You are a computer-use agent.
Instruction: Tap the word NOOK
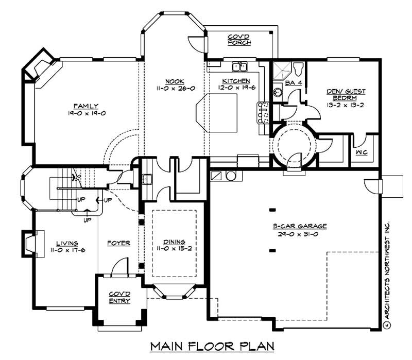(172, 81)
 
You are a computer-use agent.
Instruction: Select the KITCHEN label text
(236, 81)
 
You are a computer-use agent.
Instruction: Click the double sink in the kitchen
(239, 66)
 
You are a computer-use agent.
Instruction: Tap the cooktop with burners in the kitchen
(264, 113)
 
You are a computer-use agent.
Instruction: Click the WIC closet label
(360, 152)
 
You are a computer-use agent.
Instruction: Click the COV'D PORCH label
(239, 40)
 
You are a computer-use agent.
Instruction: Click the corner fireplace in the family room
(39, 67)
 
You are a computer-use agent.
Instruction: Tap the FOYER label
(118, 243)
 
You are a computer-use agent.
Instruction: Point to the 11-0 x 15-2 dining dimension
(173, 249)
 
